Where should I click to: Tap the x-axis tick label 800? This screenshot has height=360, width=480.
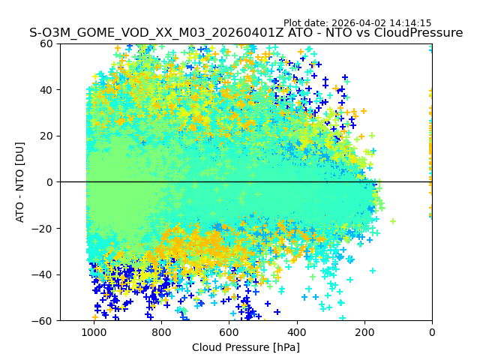(x=161, y=332)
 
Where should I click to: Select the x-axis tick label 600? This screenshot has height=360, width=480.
(x=229, y=332)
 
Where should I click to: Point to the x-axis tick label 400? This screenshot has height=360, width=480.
(x=296, y=332)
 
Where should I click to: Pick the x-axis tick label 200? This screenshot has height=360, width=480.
(x=364, y=332)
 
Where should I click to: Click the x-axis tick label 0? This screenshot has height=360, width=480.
(x=432, y=332)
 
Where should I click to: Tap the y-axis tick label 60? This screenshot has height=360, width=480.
(x=46, y=43)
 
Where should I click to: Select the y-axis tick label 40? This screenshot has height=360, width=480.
(x=46, y=90)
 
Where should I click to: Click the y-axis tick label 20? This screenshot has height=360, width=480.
(x=46, y=136)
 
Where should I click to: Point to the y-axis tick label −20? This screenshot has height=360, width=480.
(x=43, y=228)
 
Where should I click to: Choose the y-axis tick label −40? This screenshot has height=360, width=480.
(x=43, y=274)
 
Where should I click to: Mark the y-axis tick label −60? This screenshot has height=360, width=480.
(x=43, y=320)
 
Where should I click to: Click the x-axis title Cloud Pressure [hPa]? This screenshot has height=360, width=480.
(x=246, y=347)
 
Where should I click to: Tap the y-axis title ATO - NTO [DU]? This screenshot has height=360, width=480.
(x=20, y=181)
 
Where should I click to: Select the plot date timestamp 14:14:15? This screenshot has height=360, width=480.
(x=410, y=23)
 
